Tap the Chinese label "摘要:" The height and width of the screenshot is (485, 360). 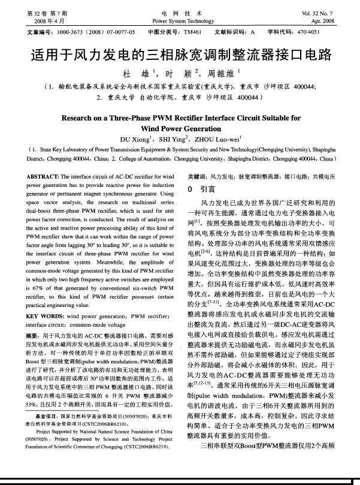pyautogui.click(x=35, y=334)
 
